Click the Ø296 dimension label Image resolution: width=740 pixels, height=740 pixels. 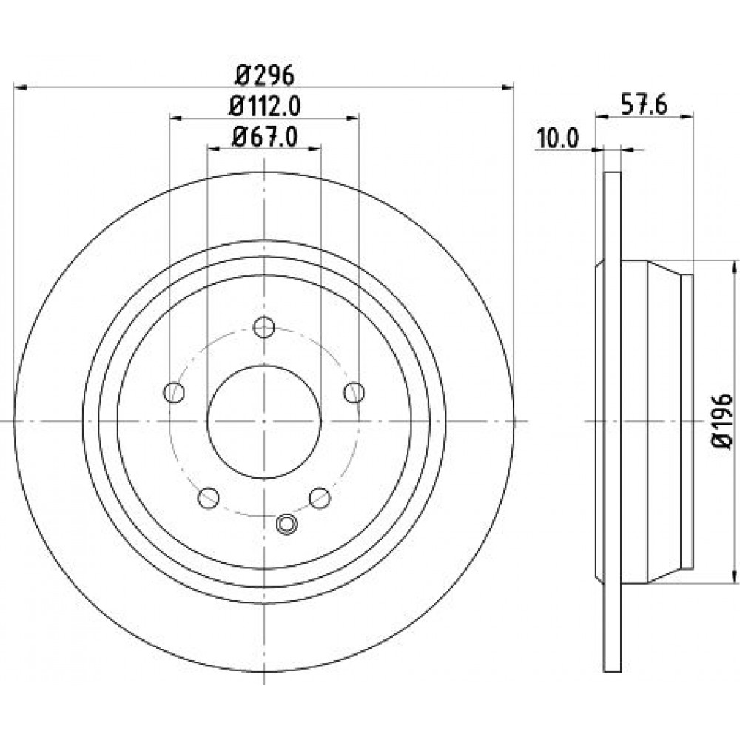[264, 75]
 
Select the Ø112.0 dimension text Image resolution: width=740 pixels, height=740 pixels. [264, 107]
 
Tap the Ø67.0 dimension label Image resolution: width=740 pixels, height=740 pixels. [264, 138]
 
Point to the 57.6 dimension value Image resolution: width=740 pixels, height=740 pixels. [644, 106]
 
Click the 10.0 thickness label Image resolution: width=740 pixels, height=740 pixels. [557, 139]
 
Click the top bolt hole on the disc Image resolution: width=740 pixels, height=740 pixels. [264, 327]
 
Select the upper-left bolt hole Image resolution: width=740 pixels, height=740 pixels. [174, 392]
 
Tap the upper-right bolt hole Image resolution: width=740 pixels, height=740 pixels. [354, 392]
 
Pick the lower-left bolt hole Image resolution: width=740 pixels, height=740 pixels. [208, 498]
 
